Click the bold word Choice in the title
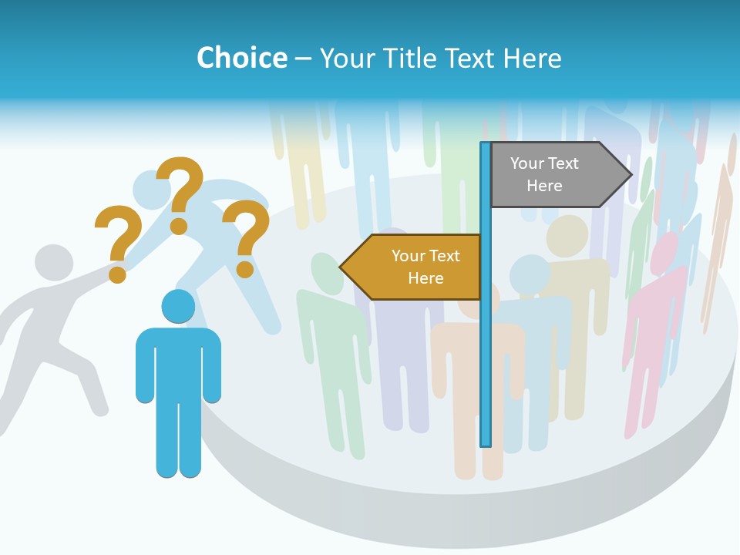(x=241, y=58)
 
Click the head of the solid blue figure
(x=178, y=306)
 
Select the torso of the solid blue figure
(x=178, y=362)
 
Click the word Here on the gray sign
(x=544, y=186)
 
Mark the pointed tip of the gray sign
(x=630, y=175)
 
